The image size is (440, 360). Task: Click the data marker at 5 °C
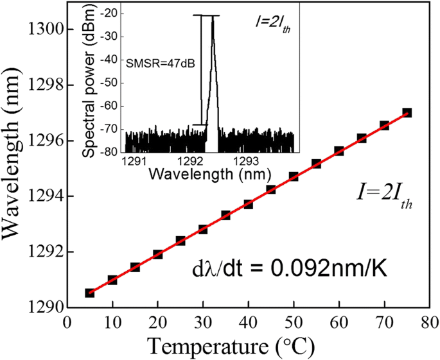pyautogui.click(x=90, y=293)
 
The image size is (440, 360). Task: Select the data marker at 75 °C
pyautogui.click(x=407, y=112)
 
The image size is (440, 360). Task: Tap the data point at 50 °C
pyautogui.click(x=294, y=176)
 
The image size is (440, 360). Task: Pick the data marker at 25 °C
pyautogui.click(x=180, y=241)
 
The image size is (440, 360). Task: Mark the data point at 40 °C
pyautogui.click(x=248, y=204)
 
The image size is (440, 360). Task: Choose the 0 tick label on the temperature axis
pyautogui.click(x=67, y=322)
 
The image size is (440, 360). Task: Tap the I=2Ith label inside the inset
pyautogui.click(x=268, y=25)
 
